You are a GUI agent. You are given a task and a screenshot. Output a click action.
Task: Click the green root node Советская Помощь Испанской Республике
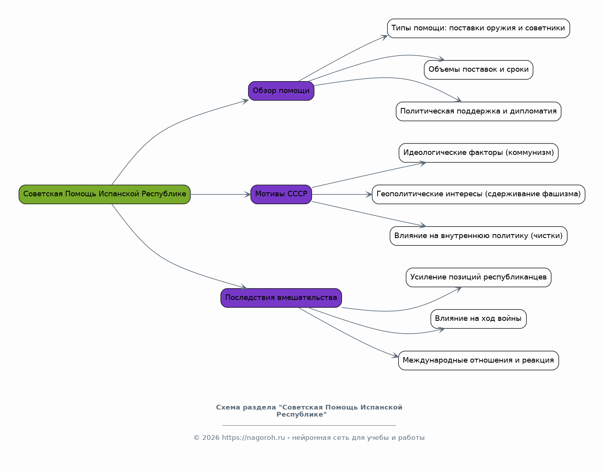(x=104, y=195)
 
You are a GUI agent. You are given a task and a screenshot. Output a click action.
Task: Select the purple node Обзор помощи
(x=281, y=91)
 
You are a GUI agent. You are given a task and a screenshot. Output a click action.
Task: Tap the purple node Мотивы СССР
(x=281, y=195)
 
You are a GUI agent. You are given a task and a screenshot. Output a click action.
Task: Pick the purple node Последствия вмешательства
(x=281, y=298)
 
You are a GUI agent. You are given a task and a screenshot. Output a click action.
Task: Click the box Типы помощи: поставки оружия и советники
(x=478, y=28)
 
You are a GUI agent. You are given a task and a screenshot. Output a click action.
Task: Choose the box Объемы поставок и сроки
(x=478, y=70)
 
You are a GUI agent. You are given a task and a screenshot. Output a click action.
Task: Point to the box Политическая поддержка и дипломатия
(x=478, y=112)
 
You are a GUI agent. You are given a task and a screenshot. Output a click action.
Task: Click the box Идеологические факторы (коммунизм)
(x=478, y=153)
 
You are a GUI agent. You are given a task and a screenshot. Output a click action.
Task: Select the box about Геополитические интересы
(x=478, y=195)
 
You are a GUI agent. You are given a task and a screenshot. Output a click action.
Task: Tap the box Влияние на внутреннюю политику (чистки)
(x=478, y=236)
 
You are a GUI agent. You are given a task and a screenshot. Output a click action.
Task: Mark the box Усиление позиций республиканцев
(x=478, y=277)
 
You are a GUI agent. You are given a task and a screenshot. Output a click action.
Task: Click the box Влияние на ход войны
(x=478, y=319)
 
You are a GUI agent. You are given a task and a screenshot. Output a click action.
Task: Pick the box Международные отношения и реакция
(x=478, y=360)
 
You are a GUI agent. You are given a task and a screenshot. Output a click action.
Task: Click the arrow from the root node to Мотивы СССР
(x=220, y=195)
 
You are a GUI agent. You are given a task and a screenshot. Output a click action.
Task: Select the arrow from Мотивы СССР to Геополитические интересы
(x=342, y=195)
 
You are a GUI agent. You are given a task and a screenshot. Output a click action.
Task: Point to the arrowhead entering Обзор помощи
(x=245, y=101)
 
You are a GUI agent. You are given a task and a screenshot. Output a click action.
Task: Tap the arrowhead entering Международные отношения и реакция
(x=395, y=356)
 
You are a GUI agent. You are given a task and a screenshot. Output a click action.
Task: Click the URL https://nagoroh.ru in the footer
(x=253, y=437)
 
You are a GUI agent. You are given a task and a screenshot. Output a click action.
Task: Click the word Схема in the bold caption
(x=228, y=408)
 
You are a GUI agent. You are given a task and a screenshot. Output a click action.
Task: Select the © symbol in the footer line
(x=196, y=437)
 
